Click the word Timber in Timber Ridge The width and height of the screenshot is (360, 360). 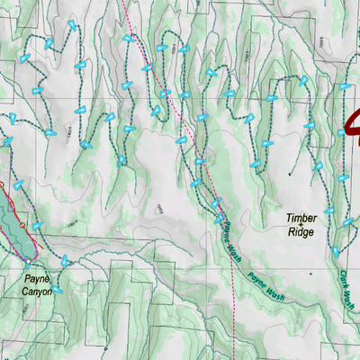point(301,218)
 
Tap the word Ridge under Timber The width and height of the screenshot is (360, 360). point(301,231)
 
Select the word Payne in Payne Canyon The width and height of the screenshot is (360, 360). point(37,279)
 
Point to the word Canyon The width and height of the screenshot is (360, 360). point(37,292)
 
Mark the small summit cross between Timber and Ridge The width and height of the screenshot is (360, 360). point(301,225)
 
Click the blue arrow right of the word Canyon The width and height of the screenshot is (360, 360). point(58,290)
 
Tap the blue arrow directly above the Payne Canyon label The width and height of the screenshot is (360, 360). point(65,261)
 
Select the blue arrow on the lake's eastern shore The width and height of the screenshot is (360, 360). point(39,226)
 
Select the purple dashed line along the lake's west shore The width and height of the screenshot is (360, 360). point(4,216)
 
